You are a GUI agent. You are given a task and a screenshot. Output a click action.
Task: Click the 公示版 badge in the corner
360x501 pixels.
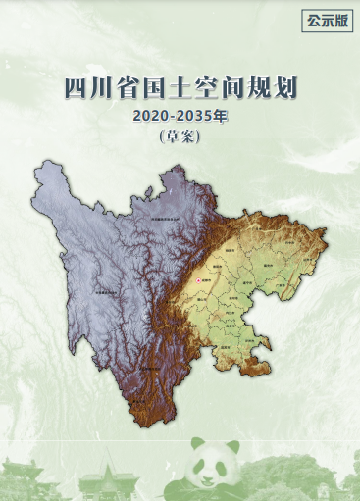[x=327, y=20]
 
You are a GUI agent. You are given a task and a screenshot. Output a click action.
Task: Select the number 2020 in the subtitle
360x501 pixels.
[x=148, y=117]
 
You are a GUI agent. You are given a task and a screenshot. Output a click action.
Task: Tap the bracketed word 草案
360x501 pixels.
[x=180, y=137]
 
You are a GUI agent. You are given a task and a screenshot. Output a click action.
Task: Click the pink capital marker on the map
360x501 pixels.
[x=199, y=280]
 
